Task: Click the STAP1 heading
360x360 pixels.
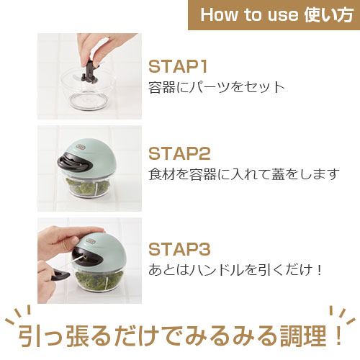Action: tap(178, 66)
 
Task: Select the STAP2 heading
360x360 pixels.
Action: tap(179, 153)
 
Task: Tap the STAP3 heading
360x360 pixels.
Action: tap(179, 249)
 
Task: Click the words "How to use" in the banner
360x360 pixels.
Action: tap(250, 14)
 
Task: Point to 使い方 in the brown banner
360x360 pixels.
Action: tap(329, 14)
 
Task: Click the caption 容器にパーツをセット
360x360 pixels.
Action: tap(216, 87)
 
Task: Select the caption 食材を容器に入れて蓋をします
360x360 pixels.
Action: tap(244, 174)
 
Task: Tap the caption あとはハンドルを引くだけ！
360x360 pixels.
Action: tap(235, 270)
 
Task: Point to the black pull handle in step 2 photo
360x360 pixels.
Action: tap(73, 163)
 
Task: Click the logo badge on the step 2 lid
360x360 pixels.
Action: tap(80, 147)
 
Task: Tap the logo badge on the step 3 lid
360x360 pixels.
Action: tap(91, 241)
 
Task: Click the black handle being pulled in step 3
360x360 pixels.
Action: tap(60, 275)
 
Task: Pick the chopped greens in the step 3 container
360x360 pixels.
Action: tap(99, 280)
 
